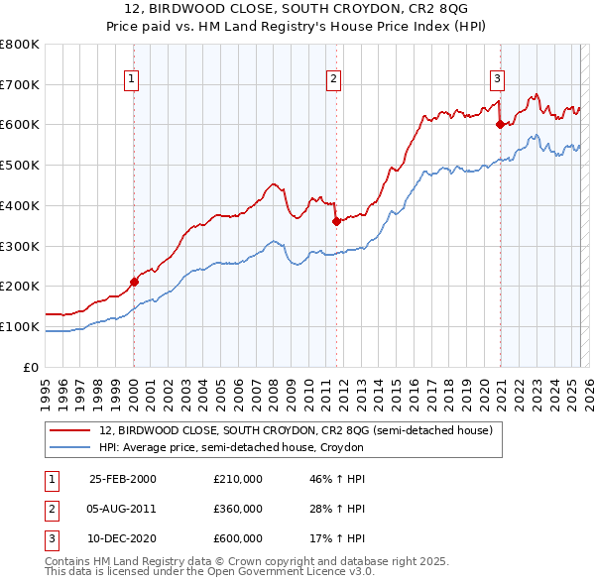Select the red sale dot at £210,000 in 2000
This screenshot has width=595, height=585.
[x=134, y=282]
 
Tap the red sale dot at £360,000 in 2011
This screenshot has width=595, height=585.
[x=336, y=221]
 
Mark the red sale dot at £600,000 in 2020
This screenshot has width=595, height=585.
[x=500, y=124]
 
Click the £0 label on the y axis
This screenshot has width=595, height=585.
[x=31, y=367]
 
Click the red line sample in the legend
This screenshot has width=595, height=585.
[x=70, y=430]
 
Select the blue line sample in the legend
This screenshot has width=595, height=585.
[x=70, y=448]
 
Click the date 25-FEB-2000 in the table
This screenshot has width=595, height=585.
[x=123, y=479]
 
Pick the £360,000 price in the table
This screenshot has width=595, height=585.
[x=238, y=509]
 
